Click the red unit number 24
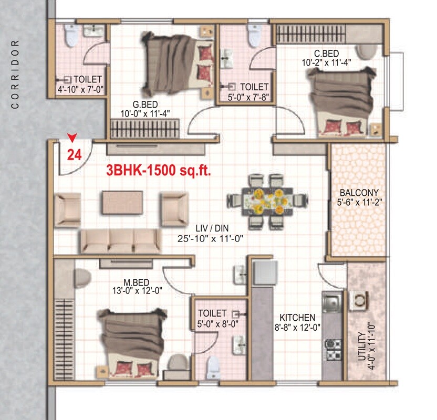pos(74,154)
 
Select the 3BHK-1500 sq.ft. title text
pos(158,171)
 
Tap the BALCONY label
pos(359,192)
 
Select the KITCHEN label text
pos(297,318)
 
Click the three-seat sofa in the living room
pos(120,241)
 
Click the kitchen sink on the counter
pos(331,303)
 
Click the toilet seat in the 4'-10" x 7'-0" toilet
pos(70,35)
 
